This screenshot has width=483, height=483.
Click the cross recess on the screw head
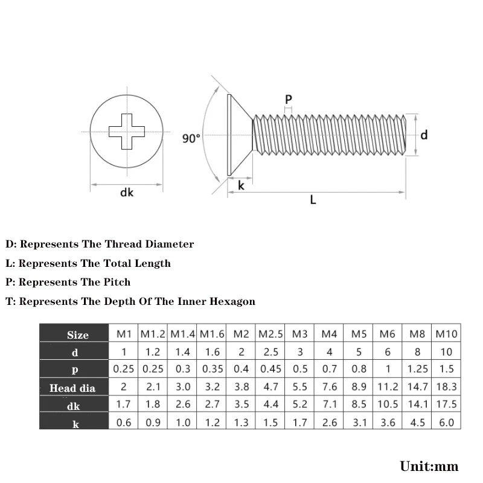click(x=127, y=132)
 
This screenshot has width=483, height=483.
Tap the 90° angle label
click(x=191, y=139)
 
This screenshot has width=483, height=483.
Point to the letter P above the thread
click(x=289, y=100)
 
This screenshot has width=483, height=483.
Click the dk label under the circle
click(x=127, y=193)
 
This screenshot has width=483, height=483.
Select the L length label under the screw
click(x=313, y=200)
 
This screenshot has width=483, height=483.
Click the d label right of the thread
click(x=424, y=135)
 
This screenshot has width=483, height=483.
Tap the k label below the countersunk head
click(x=241, y=185)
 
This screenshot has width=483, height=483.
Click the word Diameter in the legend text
click(x=170, y=244)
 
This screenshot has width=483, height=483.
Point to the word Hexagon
click(x=232, y=301)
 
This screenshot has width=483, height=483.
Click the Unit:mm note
click(x=429, y=466)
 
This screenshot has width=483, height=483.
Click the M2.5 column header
click(x=270, y=334)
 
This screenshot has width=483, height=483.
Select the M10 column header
click(x=446, y=334)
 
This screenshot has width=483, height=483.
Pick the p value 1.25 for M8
click(x=417, y=369)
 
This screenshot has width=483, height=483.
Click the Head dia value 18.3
click(x=446, y=386)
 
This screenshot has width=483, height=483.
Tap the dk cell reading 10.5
click(x=388, y=404)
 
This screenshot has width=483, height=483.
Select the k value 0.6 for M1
click(x=124, y=422)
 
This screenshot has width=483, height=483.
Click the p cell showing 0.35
click(x=213, y=369)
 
